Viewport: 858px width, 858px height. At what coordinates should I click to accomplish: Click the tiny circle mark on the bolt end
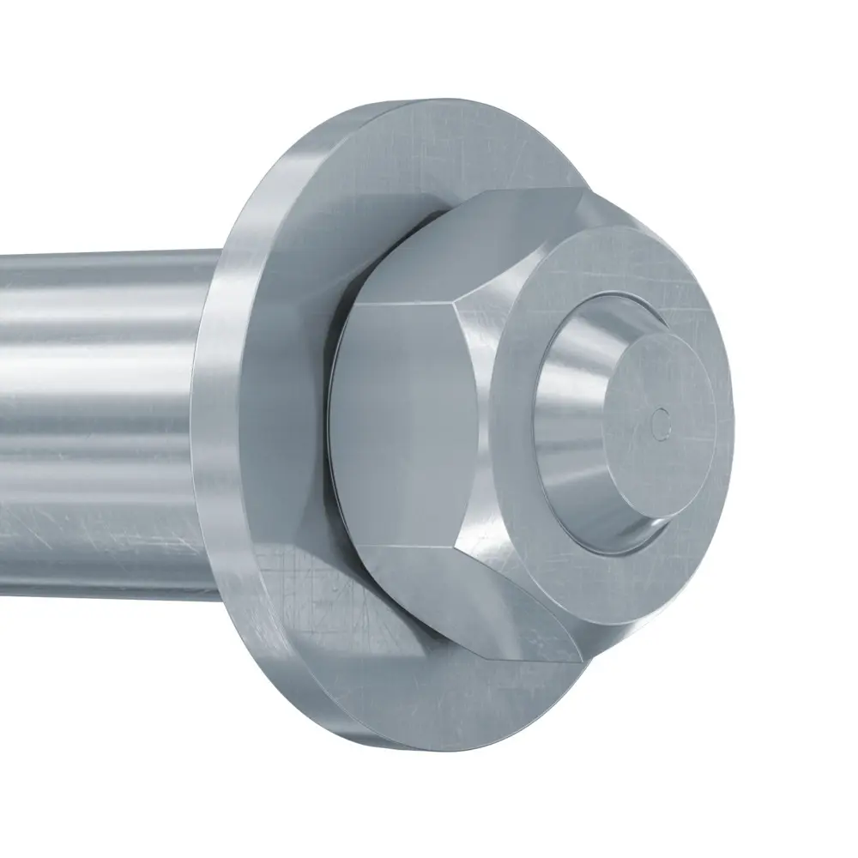tap(660, 421)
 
